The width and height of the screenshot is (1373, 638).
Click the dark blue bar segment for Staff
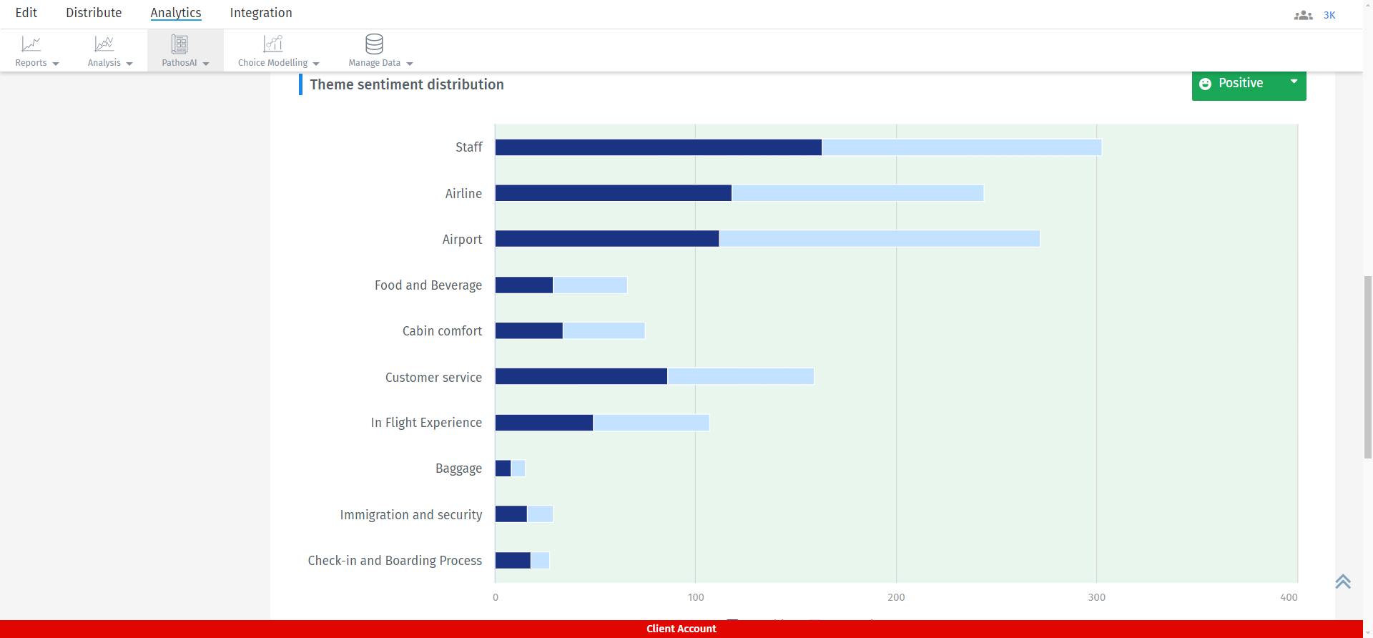click(658, 147)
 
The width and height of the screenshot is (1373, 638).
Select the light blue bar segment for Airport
click(880, 239)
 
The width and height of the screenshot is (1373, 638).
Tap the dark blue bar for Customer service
click(581, 376)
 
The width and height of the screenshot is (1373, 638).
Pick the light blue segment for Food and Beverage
click(590, 285)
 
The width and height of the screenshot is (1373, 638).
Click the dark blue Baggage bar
click(503, 468)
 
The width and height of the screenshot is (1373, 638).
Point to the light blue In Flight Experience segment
click(651, 423)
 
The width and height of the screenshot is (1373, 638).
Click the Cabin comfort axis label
click(442, 331)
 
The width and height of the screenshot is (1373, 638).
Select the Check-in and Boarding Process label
click(395, 561)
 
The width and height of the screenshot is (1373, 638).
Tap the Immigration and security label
click(410, 515)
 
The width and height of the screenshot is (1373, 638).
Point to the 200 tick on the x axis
click(896, 597)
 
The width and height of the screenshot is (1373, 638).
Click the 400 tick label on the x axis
click(1289, 597)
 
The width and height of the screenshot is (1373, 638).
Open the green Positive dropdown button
click(1249, 84)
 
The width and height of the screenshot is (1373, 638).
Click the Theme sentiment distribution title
click(406, 84)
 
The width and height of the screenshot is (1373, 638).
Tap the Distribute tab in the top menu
click(94, 13)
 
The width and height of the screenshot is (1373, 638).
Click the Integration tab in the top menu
click(260, 13)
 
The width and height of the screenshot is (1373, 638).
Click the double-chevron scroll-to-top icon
click(1342, 581)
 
